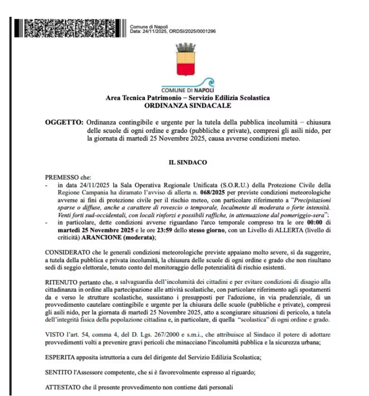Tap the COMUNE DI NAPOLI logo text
[x=188, y=90]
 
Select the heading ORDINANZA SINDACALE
[x=188, y=105]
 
